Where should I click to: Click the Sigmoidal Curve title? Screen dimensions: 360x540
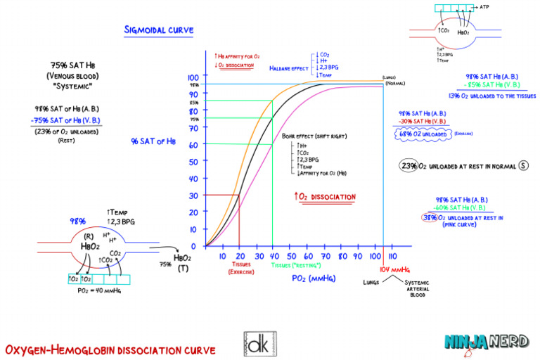159,30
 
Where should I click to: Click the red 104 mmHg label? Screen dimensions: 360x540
394,270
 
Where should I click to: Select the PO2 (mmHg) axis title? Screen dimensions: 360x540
314,278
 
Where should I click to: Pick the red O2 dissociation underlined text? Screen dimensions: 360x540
324,197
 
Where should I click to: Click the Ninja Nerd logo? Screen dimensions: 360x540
486,342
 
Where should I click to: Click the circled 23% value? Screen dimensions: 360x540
409,166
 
